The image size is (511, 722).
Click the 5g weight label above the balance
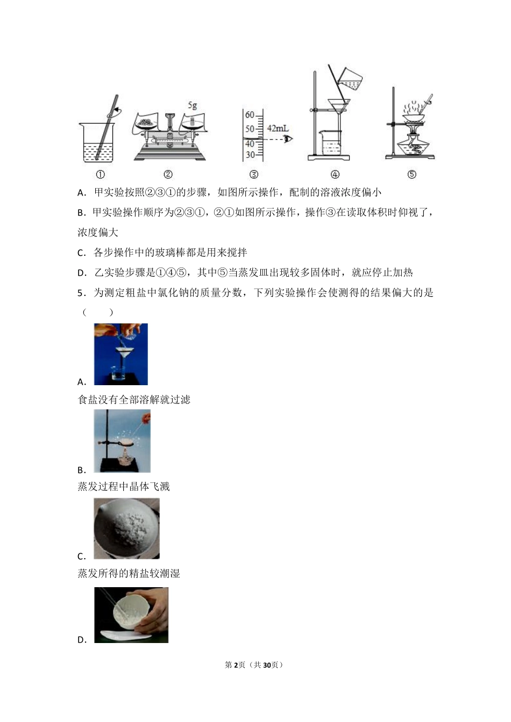(192, 106)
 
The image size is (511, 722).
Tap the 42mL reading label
(278, 128)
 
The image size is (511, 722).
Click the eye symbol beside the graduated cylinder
(289, 139)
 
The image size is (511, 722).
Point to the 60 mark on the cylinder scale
(250, 115)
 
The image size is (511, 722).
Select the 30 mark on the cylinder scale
(250, 155)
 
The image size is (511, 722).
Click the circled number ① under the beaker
(100, 174)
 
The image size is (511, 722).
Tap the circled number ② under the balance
(168, 174)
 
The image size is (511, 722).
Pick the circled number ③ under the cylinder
(254, 174)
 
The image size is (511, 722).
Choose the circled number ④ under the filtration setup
(335, 174)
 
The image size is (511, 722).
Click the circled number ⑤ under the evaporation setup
(411, 174)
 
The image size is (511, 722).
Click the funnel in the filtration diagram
(338, 107)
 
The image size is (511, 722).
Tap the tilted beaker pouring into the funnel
(351, 80)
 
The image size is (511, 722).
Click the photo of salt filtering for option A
(120, 354)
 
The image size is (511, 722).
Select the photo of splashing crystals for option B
(122, 441)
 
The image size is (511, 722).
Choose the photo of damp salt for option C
(126, 529)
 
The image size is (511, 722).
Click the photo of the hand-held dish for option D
(131, 615)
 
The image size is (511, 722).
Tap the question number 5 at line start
(80, 293)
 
